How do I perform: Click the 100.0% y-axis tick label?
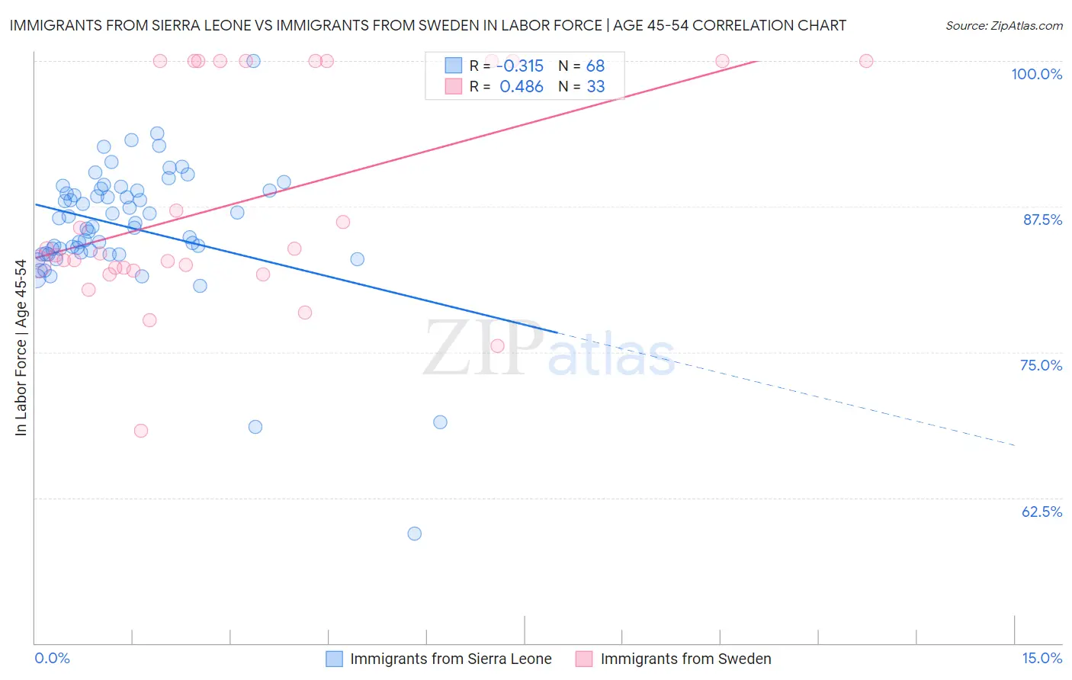pos(1036,74)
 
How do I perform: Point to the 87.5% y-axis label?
pos(1042,220)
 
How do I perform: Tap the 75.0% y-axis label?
pos(1041,365)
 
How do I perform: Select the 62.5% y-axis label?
pos(1042,512)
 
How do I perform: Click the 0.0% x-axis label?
pos(52,658)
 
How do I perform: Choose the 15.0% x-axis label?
pos(1042,658)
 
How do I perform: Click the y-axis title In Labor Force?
pos(21,348)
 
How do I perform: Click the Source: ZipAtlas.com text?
pos(1003,25)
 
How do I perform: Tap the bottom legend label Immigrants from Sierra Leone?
pos(451,659)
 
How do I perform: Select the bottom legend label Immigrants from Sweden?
pos(685,659)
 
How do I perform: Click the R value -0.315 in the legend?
pos(520,66)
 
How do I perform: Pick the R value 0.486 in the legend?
pos(522,87)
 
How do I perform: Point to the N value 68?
pos(595,66)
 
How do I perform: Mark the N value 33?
pos(595,87)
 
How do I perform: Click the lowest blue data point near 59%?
pos(415,534)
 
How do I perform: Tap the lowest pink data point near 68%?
pos(141,431)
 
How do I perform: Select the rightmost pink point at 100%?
pos(866,61)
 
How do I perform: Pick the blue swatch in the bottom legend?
pos(334,659)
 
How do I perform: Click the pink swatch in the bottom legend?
pos(584,659)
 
